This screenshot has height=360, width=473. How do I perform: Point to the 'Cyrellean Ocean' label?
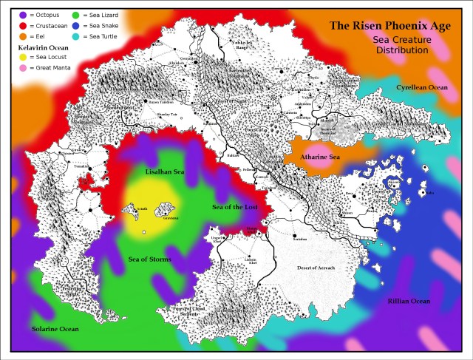tap(421, 87)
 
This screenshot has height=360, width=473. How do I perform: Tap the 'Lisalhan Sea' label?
tap(166, 171)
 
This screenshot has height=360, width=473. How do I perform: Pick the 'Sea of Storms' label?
tap(150, 259)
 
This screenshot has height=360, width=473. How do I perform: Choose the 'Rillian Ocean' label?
tap(409, 301)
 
